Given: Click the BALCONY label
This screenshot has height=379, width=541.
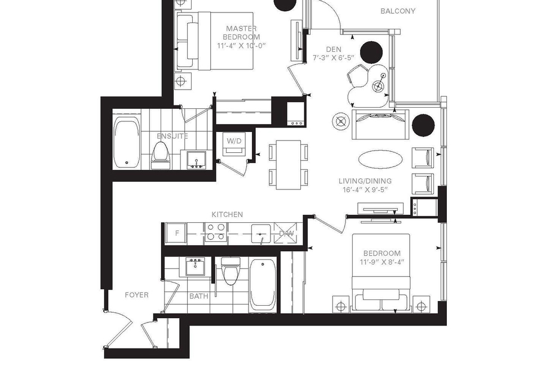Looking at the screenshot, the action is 397,11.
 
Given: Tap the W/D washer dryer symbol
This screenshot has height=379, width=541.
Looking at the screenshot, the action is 234,143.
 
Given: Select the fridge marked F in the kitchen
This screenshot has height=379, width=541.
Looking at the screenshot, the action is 176,233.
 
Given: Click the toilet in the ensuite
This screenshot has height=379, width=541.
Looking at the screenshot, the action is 161,156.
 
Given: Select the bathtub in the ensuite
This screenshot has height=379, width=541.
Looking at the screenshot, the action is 127,143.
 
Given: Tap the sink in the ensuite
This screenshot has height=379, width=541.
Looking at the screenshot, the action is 196,161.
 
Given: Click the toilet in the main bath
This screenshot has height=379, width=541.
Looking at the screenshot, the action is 230,271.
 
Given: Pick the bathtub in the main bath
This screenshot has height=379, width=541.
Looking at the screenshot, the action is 263,285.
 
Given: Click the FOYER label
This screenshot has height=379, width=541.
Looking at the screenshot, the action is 136,295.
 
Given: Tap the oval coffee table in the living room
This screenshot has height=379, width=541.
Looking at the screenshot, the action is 380,159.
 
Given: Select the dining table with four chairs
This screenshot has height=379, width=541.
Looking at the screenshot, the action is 289,165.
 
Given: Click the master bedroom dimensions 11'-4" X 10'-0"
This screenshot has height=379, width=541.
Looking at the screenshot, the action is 242,46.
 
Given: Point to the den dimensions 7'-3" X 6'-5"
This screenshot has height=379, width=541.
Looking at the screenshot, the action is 333,58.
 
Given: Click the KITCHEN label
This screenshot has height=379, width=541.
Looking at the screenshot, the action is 227,214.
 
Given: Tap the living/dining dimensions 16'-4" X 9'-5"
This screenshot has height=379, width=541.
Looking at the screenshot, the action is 365,189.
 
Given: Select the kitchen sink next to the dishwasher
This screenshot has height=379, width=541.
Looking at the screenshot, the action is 261,233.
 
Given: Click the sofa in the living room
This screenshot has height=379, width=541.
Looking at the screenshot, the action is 380,125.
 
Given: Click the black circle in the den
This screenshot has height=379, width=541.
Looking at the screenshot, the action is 371,52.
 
